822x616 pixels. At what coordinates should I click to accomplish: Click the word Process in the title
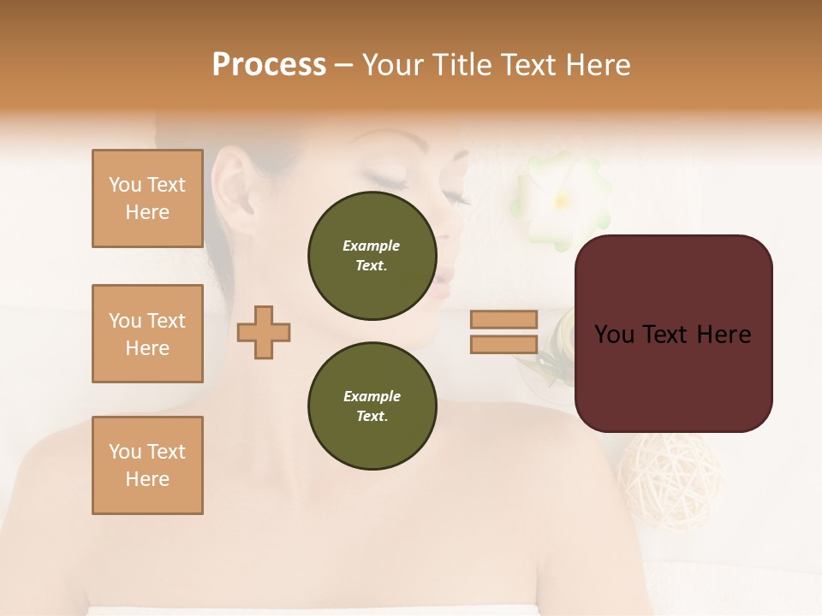pyautogui.click(x=269, y=65)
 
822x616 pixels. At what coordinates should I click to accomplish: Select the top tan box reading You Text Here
pyautogui.click(x=147, y=198)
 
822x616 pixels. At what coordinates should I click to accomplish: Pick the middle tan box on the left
pyautogui.click(x=147, y=334)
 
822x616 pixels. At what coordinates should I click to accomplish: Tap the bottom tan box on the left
pyautogui.click(x=147, y=465)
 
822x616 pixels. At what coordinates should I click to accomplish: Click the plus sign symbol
pyautogui.click(x=264, y=332)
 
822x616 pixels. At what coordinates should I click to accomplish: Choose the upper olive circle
pyautogui.click(x=372, y=256)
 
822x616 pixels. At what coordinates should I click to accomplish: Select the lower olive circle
pyautogui.click(x=372, y=406)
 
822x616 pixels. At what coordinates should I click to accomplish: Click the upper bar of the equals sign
pyautogui.click(x=503, y=319)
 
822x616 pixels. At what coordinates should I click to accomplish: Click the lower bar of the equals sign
pyautogui.click(x=503, y=345)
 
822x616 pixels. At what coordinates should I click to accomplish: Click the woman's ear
pyautogui.click(x=230, y=192)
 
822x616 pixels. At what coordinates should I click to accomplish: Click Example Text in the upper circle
pyautogui.click(x=372, y=256)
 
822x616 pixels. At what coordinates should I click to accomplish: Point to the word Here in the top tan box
pyautogui.click(x=147, y=212)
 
